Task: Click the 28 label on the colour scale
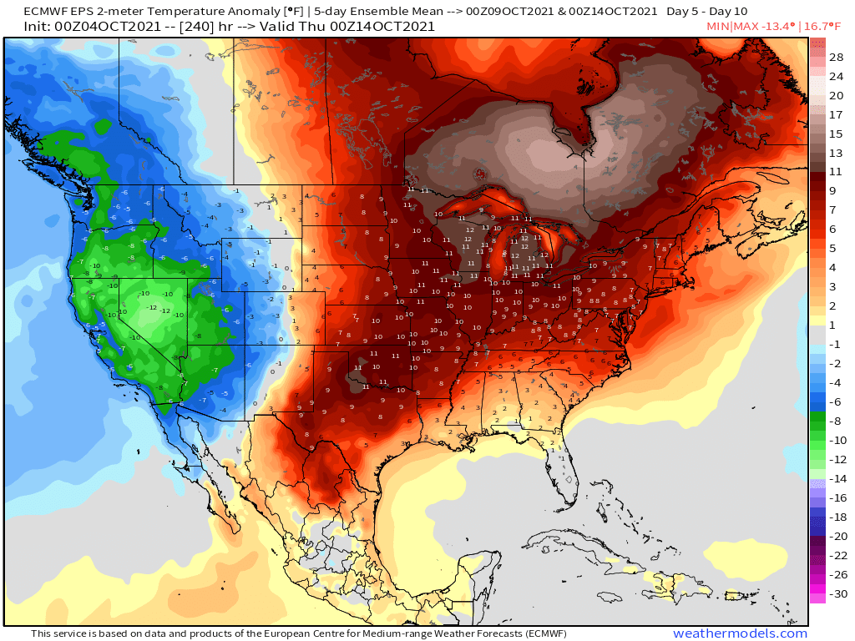(x=836, y=57)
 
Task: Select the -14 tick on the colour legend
(x=836, y=479)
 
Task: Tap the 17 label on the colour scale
(x=836, y=114)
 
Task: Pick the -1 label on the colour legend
(x=836, y=345)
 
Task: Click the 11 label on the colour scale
(x=836, y=172)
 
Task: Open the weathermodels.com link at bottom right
(x=740, y=633)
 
